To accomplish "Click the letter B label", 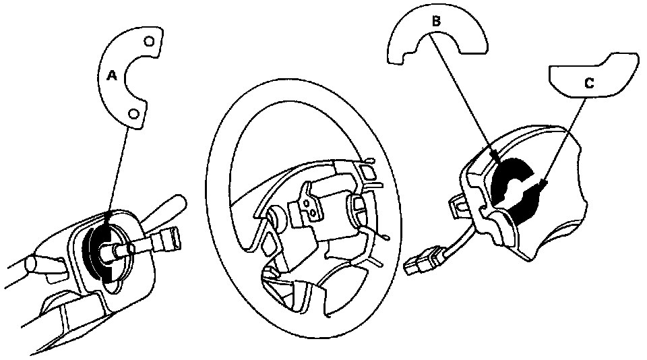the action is click(436, 22).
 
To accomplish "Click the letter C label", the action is click(588, 83).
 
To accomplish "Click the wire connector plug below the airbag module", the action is click(421, 261).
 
